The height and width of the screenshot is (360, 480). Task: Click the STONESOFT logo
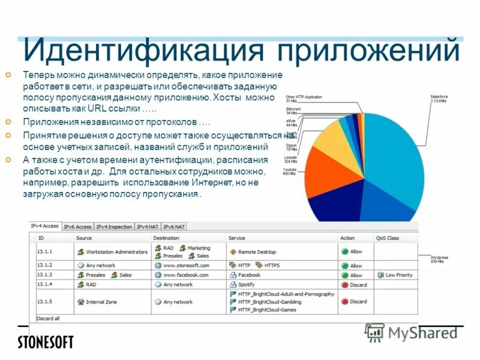point(46,342)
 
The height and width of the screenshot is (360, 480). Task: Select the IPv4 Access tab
point(44,226)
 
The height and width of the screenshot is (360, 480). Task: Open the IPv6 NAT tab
point(175,227)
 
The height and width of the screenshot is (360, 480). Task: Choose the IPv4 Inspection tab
point(115,227)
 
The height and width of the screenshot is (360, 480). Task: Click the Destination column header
point(166,238)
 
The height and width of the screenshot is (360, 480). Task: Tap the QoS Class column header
point(387,238)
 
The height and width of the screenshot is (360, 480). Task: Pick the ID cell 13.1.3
point(45,275)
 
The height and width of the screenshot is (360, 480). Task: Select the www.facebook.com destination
point(185,275)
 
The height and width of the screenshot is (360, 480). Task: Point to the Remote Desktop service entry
point(257,252)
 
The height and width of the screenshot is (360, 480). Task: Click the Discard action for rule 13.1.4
point(358,284)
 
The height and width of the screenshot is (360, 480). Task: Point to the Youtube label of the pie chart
point(290,172)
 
